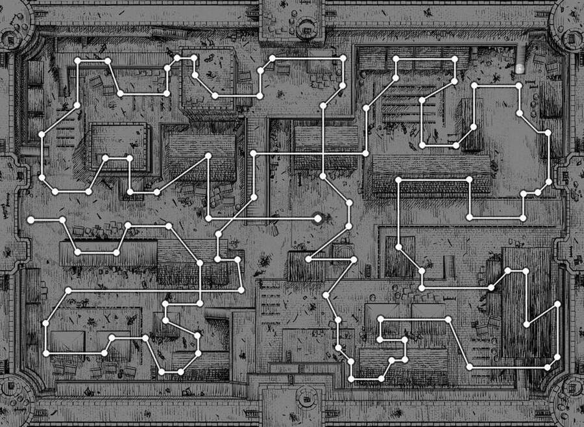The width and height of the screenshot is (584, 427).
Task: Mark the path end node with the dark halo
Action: coord(318,219)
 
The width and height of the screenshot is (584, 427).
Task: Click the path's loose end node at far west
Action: coord(30,220)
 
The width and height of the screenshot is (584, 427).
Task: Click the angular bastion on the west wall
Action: coord(16,175)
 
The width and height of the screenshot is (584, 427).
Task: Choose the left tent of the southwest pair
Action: coord(67,342)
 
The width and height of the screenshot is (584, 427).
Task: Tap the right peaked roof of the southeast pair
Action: coord(428,312)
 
